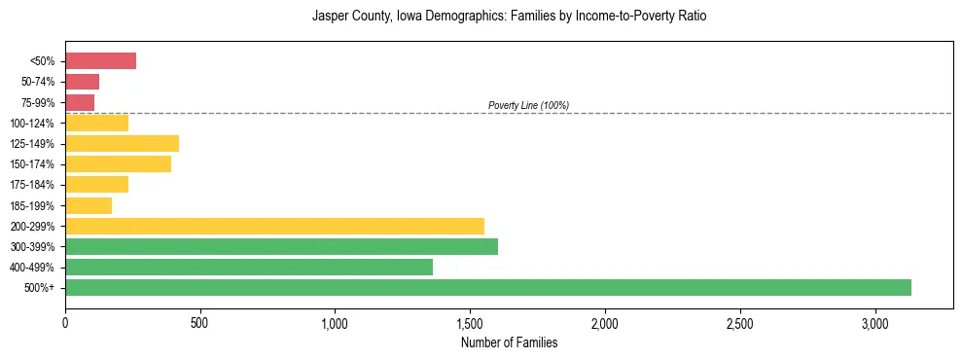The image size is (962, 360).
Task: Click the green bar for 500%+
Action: (x=487, y=287)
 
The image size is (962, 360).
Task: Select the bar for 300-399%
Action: (x=281, y=246)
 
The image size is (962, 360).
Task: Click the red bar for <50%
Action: (x=100, y=61)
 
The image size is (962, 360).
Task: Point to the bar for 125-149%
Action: (x=122, y=144)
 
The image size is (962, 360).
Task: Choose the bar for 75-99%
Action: (x=80, y=102)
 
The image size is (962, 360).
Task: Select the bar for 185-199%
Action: (x=89, y=205)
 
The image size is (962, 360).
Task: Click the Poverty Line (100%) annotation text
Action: (x=528, y=105)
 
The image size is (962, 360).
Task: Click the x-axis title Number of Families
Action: (x=509, y=342)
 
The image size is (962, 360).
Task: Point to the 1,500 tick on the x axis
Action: (x=470, y=322)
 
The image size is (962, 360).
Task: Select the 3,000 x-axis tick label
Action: (x=874, y=322)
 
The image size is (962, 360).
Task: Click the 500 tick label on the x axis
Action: (x=199, y=322)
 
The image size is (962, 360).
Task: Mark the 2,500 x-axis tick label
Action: (x=739, y=322)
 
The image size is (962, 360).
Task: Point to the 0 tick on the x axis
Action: (x=65, y=322)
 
